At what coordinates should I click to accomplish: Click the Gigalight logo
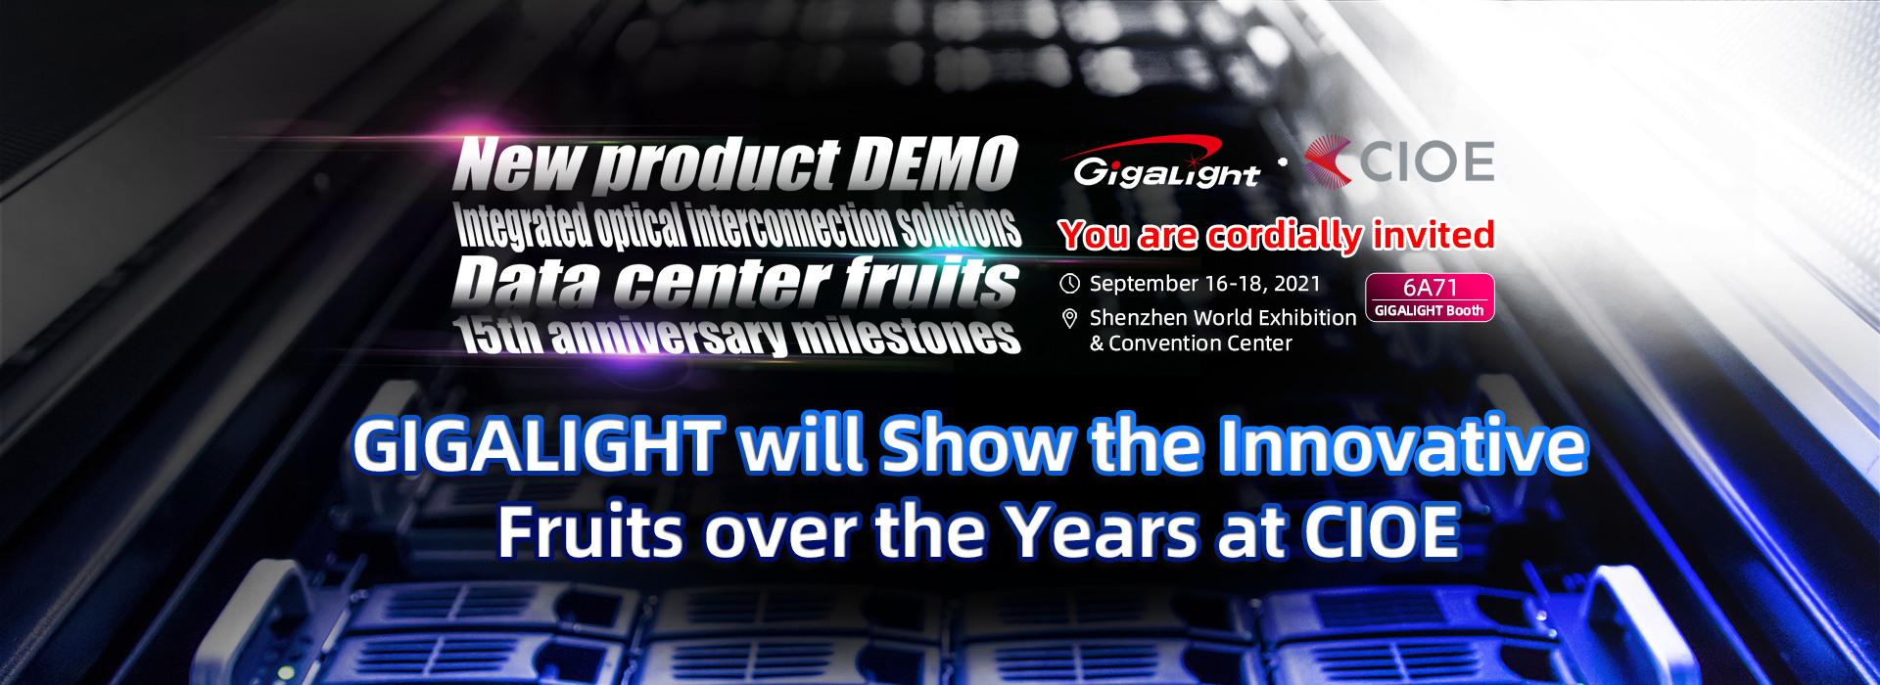1165,162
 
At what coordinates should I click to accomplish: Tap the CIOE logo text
1427,161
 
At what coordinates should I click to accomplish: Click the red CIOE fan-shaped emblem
1327,161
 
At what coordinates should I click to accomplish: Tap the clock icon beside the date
1070,284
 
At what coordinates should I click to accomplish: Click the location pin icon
1070,318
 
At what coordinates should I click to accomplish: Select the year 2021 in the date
1297,284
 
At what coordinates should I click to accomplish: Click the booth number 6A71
1431,287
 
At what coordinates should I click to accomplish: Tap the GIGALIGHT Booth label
1430,310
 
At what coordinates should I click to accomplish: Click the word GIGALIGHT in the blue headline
538,446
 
